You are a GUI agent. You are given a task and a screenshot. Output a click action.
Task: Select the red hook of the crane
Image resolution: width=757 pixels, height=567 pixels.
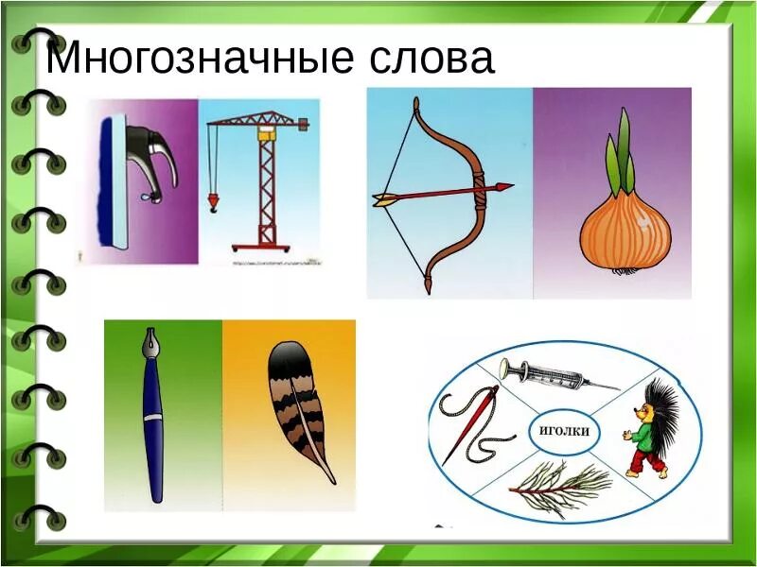click(x=212, y=202)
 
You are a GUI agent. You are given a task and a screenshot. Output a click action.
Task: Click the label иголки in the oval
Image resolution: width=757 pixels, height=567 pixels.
click(x=564, y=431)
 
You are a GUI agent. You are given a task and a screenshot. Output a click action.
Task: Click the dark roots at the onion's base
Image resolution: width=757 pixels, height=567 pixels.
click(x=624, y=271)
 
